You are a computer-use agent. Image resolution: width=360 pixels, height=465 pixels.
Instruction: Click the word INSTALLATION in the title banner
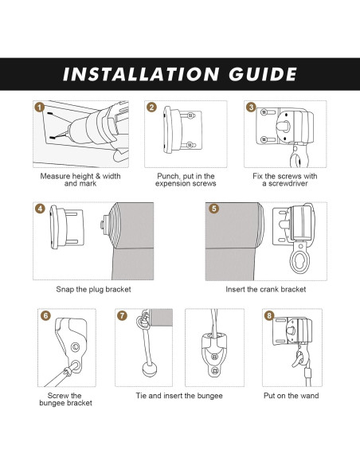tap(141, 74)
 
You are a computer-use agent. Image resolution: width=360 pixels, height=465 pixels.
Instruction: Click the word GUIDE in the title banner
tap(263, 74)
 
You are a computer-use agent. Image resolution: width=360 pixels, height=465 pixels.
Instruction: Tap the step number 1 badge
tap(40, 107)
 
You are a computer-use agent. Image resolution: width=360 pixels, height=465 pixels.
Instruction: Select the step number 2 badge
tap(151, 107)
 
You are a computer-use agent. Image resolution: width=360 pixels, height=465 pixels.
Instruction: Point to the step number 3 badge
tap(251, 107)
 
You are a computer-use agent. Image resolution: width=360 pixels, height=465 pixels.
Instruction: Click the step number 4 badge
tap(40, 209)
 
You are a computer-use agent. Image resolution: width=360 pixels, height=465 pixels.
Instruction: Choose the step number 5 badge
tap(213, 209)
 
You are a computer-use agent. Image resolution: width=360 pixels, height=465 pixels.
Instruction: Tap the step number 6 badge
tap(45, 315)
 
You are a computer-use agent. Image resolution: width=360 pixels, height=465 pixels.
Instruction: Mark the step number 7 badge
tap(122, 315)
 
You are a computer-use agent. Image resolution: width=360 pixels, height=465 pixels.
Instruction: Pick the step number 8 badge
tap(269, 315)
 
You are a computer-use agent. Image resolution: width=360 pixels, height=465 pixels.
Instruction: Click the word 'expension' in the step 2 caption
tap(170, 184)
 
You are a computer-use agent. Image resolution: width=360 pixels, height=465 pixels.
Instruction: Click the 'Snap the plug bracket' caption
tap(93, 290)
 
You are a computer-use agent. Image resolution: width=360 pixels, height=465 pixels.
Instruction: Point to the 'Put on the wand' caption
tap(292, 396)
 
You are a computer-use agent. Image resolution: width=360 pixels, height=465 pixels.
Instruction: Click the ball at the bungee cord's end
tap(150, 369)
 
